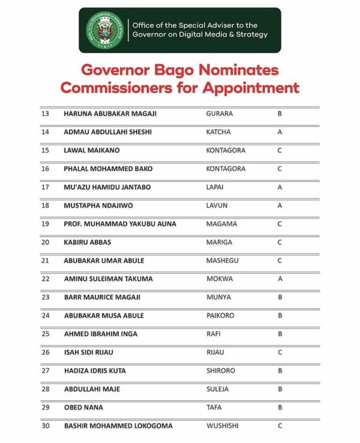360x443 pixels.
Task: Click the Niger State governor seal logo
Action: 105,30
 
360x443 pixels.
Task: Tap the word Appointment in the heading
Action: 251,88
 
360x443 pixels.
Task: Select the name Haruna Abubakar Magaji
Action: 110,114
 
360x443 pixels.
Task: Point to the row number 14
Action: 46,132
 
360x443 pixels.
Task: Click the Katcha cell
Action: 218,132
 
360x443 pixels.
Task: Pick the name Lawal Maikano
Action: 92,150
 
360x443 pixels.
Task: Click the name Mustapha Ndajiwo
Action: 98,205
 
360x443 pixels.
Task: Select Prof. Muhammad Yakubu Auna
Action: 120,224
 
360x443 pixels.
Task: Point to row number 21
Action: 46,261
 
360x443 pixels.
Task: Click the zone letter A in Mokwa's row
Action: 279,279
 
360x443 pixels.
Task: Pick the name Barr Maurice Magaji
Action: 102,297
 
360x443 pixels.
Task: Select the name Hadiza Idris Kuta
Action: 95,371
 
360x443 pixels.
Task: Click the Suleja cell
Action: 217,389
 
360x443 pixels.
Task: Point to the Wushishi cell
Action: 222,426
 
